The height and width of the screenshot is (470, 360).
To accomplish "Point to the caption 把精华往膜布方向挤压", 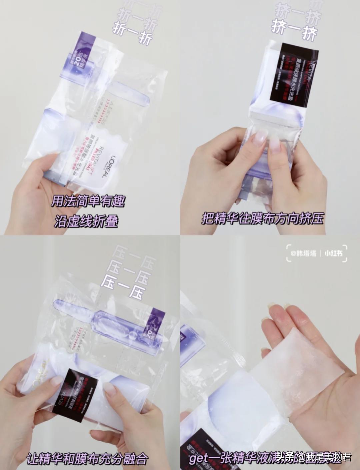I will pos(263,219).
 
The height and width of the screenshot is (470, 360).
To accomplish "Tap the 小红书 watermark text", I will pos(334,253).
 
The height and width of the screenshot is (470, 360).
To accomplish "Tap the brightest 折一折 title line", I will pos(133,36).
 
